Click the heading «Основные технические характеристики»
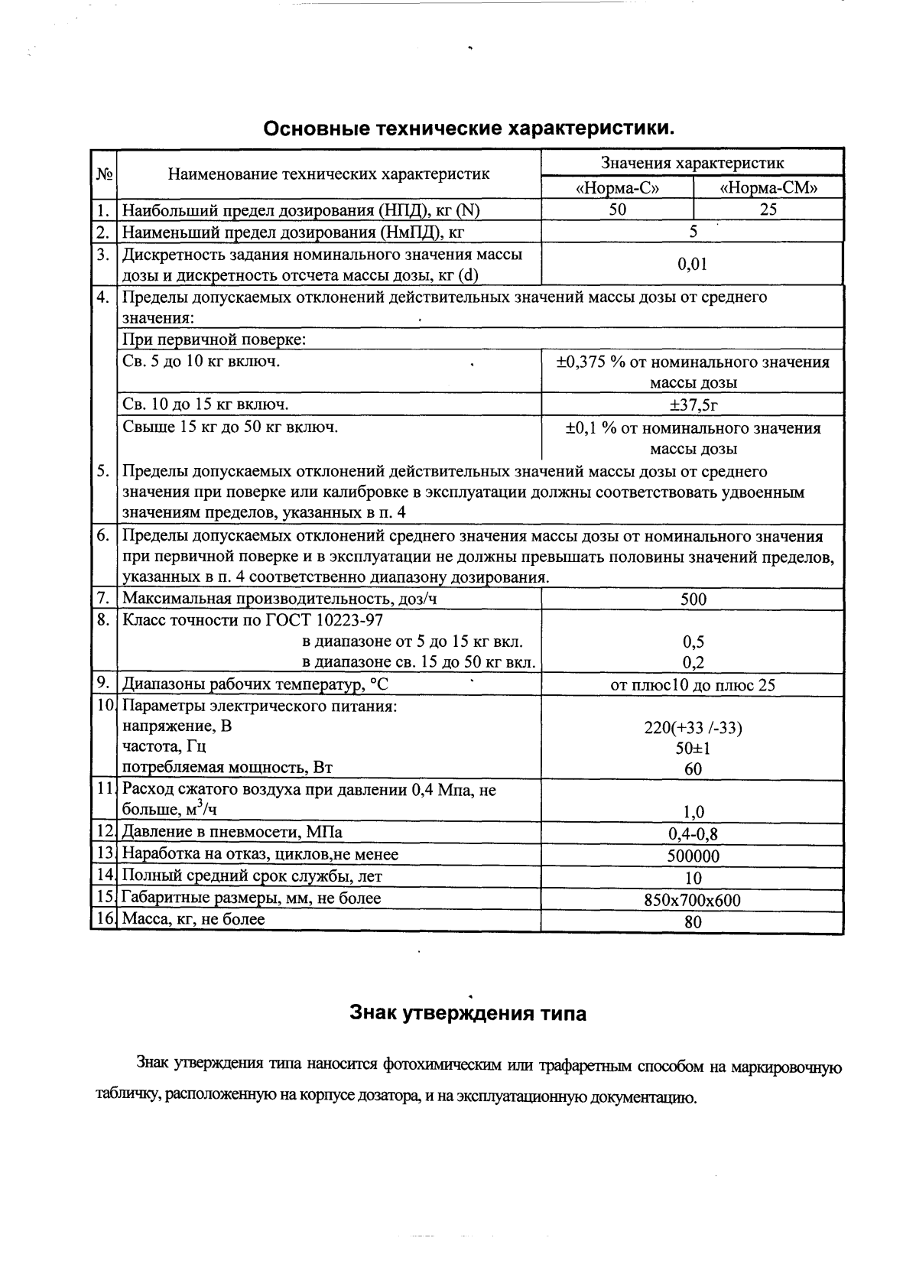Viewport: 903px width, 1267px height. tap(469, 128)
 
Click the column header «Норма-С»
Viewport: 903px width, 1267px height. tap(617, 189)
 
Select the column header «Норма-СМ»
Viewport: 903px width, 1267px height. tap(768, 189)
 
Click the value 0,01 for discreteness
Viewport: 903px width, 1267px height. tap(693, 265)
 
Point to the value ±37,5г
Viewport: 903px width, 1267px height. tap(693, 404)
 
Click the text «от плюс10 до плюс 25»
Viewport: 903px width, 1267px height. tap(693, 685)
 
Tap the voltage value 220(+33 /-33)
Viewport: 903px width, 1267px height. tap(693, 728)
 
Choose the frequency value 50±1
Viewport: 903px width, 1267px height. tap(693, 749)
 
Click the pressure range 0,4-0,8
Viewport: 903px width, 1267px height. tap(693, 834)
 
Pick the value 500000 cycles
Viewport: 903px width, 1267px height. tap(693, 856)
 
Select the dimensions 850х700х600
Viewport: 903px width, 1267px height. tap(693, 900)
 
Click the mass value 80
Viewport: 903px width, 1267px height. tap(693, 922)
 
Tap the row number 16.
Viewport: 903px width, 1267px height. tap(103, 919)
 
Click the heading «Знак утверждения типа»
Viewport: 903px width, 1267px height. tap(468, 1014)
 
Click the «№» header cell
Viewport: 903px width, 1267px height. tap(104, 174)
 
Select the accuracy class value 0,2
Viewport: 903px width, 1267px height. tap(693, 663)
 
